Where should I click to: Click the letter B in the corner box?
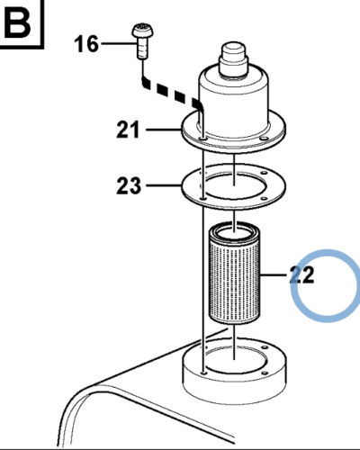(18, 23)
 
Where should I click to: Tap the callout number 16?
(86, 44)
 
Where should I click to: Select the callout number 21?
(128, 130)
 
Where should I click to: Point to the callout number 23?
(129, 185)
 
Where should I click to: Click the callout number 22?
(301, 274)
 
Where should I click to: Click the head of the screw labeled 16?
(143, 31)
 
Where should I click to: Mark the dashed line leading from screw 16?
(172, 92)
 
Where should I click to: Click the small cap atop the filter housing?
(233, 60)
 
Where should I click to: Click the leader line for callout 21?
(164, 130)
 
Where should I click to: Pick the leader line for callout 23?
(164, 185)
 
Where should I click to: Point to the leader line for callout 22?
(274, 274)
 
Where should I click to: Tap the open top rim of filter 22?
(234, 232)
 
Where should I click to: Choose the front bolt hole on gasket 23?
(204, 199)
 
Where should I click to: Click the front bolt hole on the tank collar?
(204, 373)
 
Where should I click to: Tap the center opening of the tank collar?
(234, 358)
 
